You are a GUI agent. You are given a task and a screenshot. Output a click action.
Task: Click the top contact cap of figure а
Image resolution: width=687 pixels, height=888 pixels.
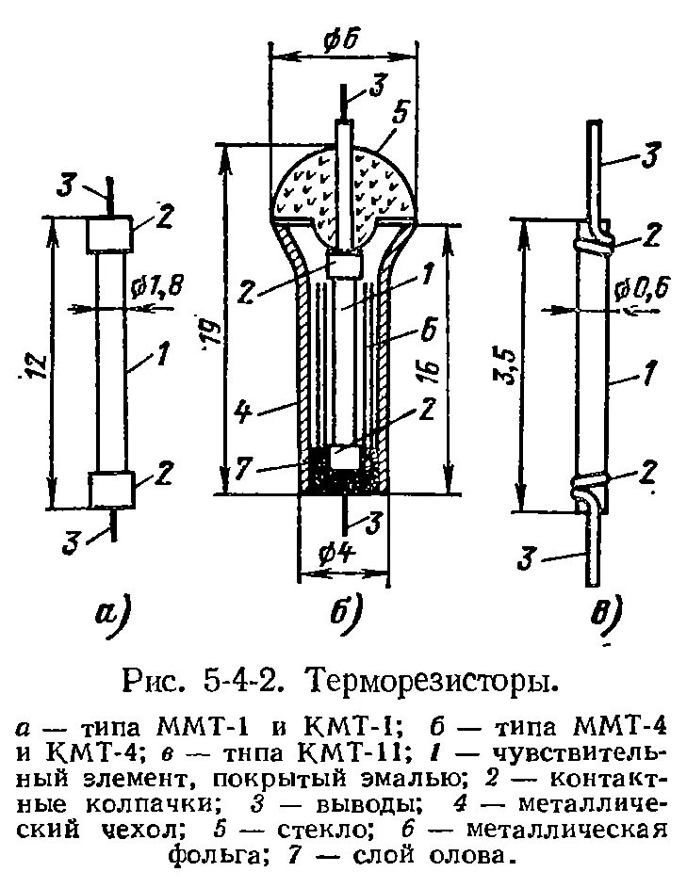tap(108, 234)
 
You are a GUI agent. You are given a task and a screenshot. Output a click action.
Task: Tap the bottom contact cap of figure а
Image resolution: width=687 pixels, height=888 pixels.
tap(108, 490)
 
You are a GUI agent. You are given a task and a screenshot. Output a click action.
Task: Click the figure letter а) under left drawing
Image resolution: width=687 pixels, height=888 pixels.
tap(114, 615)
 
